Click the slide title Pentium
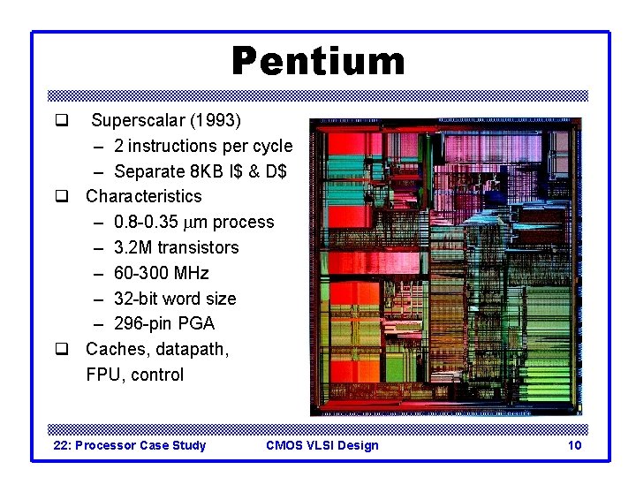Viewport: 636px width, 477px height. pos(318,62)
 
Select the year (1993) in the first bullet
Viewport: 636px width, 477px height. pos(216,119)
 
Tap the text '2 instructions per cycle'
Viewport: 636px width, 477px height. pos(203,145)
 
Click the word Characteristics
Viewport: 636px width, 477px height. pos(144,196)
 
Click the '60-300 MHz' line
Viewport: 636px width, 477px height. pos(162,273)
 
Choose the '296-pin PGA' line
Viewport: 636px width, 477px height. pos(164,323)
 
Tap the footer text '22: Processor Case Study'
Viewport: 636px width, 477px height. pos(130,445)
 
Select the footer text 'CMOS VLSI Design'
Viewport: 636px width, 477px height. pos(322,445)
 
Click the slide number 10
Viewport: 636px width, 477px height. pos(574,445)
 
